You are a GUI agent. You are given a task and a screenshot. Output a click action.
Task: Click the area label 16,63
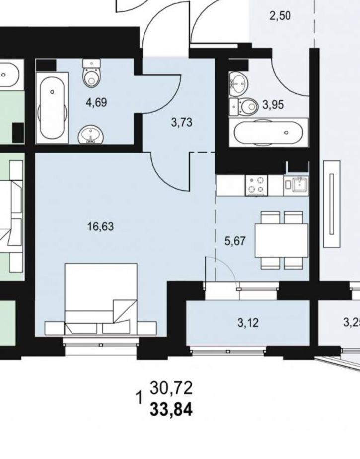(101, 227)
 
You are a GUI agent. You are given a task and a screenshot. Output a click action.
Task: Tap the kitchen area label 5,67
(235, 242)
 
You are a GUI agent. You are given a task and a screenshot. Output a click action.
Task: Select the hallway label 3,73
(181, 122)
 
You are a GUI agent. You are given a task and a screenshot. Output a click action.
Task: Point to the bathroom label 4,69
(96, 102)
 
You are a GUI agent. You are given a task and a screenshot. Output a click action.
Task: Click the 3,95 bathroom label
(273, 104)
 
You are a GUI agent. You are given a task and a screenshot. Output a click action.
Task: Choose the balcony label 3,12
(248, 323)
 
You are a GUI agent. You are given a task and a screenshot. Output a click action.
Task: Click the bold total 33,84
(171, 409)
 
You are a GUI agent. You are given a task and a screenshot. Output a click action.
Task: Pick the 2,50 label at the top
(280, 16)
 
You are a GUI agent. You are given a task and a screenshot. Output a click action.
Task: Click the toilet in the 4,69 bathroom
(91, 73)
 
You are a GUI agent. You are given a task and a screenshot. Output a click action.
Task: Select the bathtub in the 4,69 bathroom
(52, 108)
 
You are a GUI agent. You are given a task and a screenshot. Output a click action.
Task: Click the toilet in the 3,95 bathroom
(243, 106)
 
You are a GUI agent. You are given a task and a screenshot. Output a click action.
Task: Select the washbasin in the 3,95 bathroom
(238, 83)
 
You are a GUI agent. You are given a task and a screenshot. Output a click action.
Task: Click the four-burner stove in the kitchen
(256, 186)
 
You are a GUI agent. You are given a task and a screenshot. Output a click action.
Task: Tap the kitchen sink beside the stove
(296, 186)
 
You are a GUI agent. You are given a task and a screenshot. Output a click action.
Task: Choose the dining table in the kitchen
(281, 240)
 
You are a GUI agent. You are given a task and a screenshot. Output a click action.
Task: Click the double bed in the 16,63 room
(101, 299)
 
